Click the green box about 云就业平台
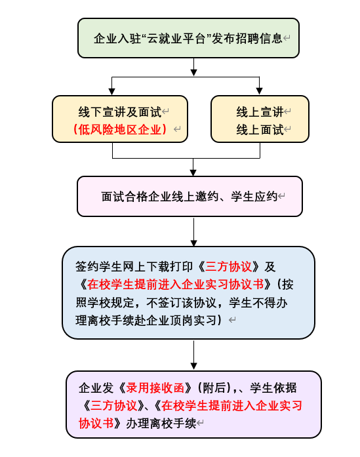pyautogui.click(x=188, y=38)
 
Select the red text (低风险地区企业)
pyautogui.click(x=120, y=129)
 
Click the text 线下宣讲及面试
pyautogui.click(x=120, y=112)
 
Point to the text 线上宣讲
pyautogui.click(x=260, y=112)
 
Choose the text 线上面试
pyautogui.click(x=260, y=129)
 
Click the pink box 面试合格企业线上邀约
pyautogui.click(x=190, y=196)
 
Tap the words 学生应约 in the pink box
pyautogui.click(x=254, y=197)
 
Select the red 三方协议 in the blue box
pyautogui.click(x=229, y=267)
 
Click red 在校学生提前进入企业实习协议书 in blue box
pyautogui.click(x=176, y=285)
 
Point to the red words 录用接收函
pyautogui.click(x=155, y=388)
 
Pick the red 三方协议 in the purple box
pyautogui.click(x=113, y=405)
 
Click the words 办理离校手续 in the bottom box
pyautogui.click(x=161, y=423)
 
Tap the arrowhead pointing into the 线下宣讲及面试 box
pyautogui.click(x=112, y=92)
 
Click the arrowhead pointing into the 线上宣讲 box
pyautogui.click(x=259, y=91)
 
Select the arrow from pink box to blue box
pyautogui.click(x=194, y=231)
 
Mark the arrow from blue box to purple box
pyautogui.click(x=194, y=355)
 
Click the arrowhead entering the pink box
pyautogui.click(x=193, y=172)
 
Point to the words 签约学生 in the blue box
pyautogui.click(x=99, y=267)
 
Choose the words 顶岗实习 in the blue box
pyautogui.click(x=193, y=321)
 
